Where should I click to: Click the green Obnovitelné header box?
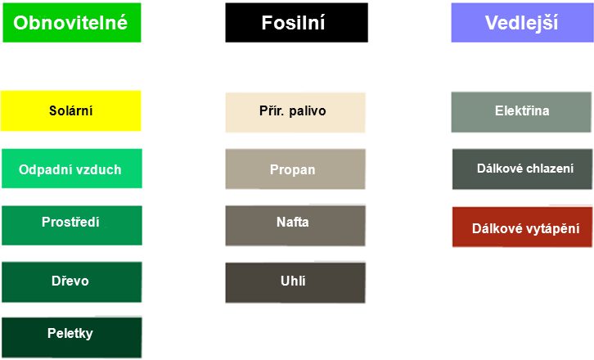click(x=72, y=23)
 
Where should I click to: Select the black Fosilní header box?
click(x=296, y=23)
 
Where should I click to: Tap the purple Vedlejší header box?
click(x=521, y=23)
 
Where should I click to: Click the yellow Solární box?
click(x=70, y=110)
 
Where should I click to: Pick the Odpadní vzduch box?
click(x=70, y=169)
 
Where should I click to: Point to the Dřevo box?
click(x=70, y=281)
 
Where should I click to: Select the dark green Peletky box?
click(x=70, y=336)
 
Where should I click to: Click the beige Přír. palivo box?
click(x=295, y=111)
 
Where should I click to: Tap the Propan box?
click(x=295, y=169)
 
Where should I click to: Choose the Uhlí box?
click(x=295, y=281)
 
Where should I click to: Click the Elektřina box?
click(x=521, y=111)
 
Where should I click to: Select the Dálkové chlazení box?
click(x=522, y=169)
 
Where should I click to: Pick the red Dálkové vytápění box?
click(x=522, y=228)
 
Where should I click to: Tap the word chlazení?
click(x=549, y=169)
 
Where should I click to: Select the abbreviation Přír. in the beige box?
click(x=272, y=111)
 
